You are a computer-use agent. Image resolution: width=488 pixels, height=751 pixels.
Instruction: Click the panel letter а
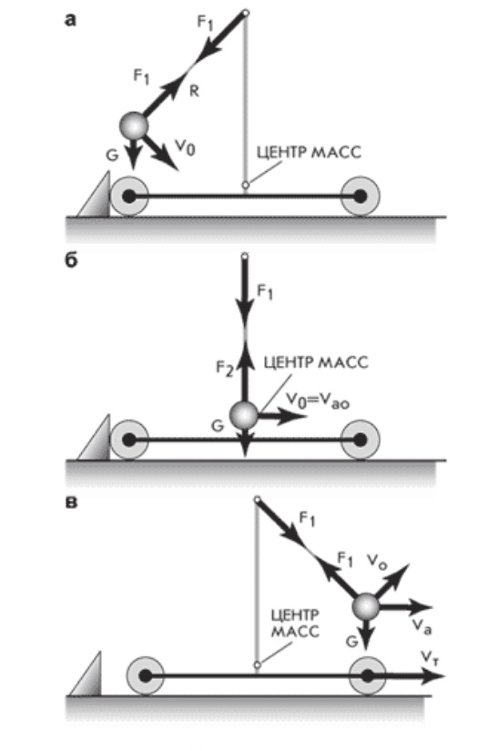(70, 21)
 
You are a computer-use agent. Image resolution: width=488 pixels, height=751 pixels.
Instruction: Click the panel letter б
(71, 261)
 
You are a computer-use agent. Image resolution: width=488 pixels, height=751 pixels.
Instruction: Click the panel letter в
(70, 502)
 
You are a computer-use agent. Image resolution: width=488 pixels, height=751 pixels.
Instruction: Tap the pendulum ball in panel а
(134, 126)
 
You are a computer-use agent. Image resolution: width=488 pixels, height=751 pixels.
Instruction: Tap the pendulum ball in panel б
(244, 415)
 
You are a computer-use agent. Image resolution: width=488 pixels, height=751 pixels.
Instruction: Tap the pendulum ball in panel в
(366, 606)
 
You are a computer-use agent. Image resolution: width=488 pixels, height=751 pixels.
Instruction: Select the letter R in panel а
(194, 91)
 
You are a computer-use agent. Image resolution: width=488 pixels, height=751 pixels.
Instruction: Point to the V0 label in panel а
(185, 147)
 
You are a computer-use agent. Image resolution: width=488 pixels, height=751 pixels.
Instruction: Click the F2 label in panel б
(225, 369)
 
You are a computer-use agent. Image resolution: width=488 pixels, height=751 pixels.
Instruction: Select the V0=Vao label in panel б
(318, 401)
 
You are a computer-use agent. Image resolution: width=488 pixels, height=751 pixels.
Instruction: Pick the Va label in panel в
(421, 626)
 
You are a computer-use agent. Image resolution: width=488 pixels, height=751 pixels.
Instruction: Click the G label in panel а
(112, 155)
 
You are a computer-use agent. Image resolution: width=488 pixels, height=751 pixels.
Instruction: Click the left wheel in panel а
(129, 196)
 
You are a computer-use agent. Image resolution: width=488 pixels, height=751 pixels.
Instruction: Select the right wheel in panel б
(361, 439)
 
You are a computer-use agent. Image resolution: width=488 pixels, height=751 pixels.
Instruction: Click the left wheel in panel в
(145, 675)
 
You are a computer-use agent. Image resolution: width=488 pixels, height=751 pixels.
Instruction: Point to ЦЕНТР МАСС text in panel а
(309, 153)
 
